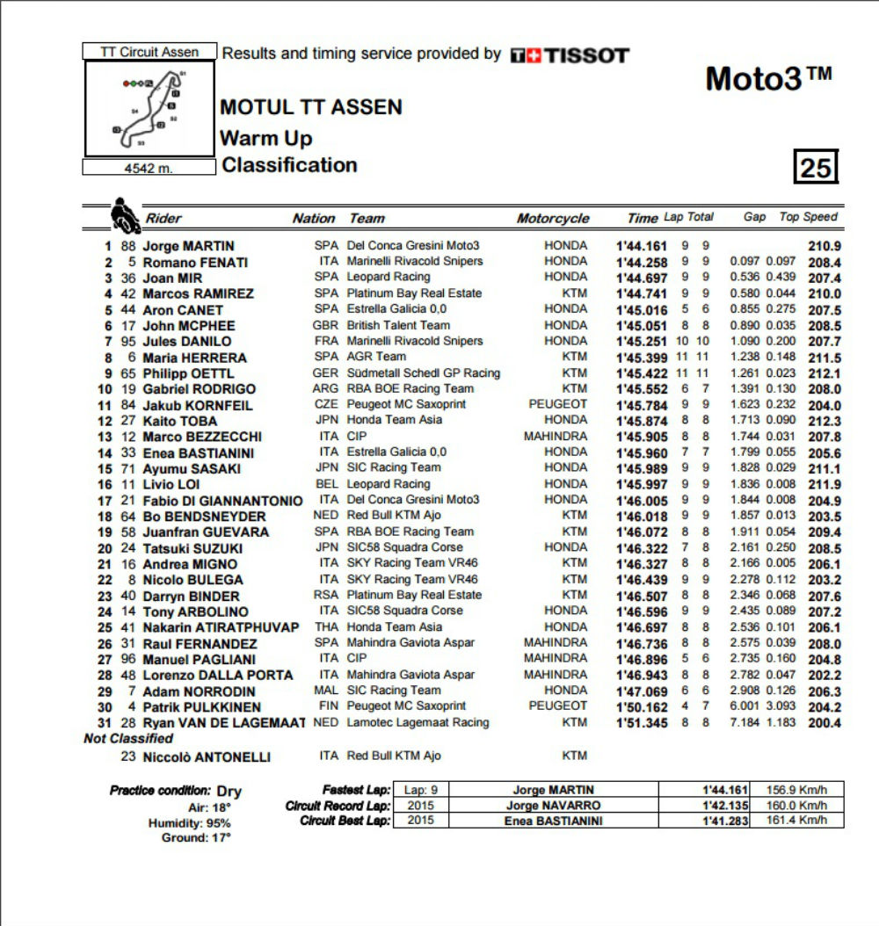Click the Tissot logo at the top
(x=570, y=55)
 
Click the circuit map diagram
(x=149, y=109)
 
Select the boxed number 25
(x=816, y=167)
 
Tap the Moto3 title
(x=768, y=79)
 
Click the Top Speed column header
(x=809, y=217)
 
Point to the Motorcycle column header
(x=553, y=219)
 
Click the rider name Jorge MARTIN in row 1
(x=188, y=246)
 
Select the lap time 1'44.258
(x=643, y=262)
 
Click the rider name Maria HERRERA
(x=195, y=358)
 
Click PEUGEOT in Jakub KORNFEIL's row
(x=558, y=404)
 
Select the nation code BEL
(x=327, y=484)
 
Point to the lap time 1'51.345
(x=643, y=723)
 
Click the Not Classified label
(x=128, y=739)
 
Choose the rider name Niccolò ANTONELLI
(x=207, y=756)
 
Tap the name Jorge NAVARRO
(x=553, y=806)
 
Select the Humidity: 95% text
(x=189, y=823)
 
